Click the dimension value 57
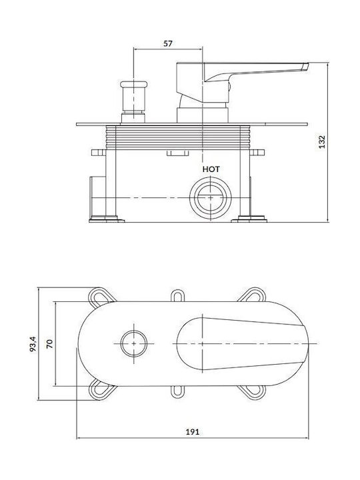(x=167, y=43)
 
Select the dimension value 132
(x=322, y=142)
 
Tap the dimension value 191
(x=192, y=431)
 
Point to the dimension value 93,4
(x=33, y=344)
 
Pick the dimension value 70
(x=49, y=343)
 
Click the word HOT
(x=211, y=169)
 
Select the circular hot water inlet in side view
(x=211, y=198)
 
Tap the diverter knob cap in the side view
(x=133, y=84)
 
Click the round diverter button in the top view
(x=133, y=343)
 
